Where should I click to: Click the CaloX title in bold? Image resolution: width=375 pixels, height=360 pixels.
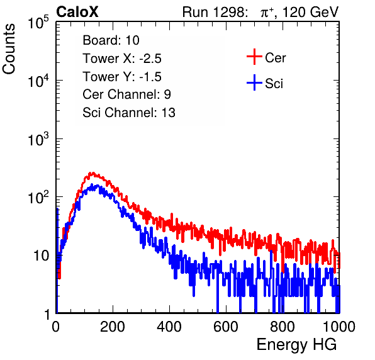(x=77, y=12)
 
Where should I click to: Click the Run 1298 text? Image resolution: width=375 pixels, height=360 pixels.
(x=215, y=12)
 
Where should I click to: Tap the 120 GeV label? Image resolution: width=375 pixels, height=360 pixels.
(x=310, y=12)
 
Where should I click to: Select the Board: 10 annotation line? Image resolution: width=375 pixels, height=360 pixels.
(x=111, y=40)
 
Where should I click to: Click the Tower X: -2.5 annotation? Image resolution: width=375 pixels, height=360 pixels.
(x=122, y=58)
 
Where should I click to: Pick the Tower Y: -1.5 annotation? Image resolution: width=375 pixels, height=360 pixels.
(x=122, y=76)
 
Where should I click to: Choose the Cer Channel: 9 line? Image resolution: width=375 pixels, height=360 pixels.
(x=126, y=94)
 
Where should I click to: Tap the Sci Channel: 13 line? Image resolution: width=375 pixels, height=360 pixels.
(x=129, y=112)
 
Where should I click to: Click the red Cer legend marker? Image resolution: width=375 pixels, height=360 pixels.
(x=254, y=57)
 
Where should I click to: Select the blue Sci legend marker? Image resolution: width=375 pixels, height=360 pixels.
(x=254, y=82)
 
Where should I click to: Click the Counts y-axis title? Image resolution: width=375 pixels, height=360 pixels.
(x=9, y=49)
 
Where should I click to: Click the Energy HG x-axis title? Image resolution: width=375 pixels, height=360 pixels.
(x=296, y=344)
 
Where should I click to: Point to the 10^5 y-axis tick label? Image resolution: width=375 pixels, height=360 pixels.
(x=38, y=22)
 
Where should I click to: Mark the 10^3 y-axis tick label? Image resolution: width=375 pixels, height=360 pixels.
(x=38, y=138)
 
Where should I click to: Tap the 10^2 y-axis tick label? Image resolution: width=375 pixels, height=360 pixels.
(x=38, y=197)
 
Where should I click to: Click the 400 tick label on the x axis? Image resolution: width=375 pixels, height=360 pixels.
(x=169, y=327)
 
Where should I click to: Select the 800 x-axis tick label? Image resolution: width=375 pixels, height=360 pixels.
(x=283, y=327)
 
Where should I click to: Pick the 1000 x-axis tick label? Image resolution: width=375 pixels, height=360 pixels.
(x=339, y=327)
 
